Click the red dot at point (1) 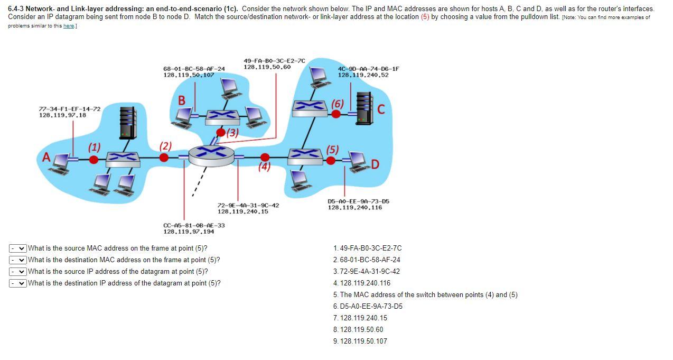click(x=94, y=159)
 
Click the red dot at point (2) click(x=164, y=157)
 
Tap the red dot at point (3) click(x=222, y=132)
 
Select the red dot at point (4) click(x=265, y=157)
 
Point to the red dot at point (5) click(x=331, y=160)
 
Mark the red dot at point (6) click(x=336, y=113)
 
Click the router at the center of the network click(x=211, y=154)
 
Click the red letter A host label click(x=47, y=158)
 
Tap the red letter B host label click(x=182, y=100)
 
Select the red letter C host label click(x=381, y=109)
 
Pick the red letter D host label click(x=375, y=165)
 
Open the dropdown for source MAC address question click(x=18, y=248)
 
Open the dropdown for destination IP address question click(x=18, y=283)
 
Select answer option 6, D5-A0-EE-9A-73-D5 click(x=368, y=307)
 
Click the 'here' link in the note click(x=69, y=26)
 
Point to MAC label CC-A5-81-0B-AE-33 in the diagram click(x=194, y=225)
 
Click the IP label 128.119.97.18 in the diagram click(x=62, y=115)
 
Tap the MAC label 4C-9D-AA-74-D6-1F click(x=369, y=69)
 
